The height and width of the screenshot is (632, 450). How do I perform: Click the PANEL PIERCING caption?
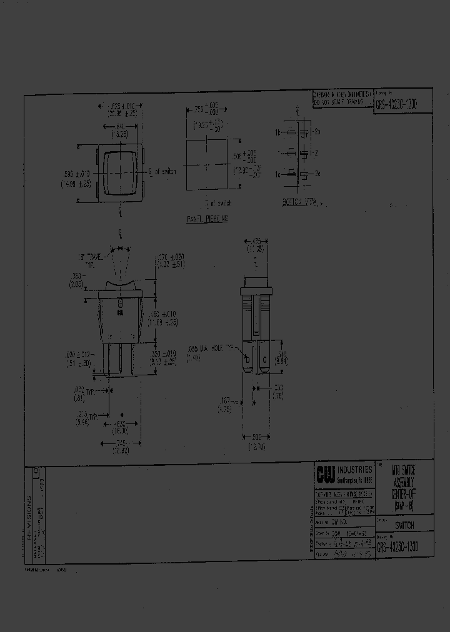click(207, 219)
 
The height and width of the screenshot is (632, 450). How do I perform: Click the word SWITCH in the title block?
click(404, 526)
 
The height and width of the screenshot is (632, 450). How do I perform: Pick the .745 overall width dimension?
click(121, 445)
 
